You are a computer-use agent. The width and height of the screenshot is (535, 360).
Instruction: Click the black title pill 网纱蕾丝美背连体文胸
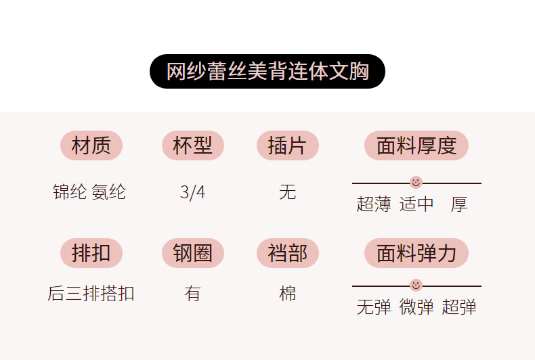(267, 71)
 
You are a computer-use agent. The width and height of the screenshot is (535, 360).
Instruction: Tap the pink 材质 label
(91, 145)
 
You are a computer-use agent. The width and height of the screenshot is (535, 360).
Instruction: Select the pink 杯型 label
(193, 145)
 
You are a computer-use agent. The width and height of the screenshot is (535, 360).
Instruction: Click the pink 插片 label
(288, 145)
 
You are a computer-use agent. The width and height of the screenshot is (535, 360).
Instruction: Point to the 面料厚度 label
(416, 145)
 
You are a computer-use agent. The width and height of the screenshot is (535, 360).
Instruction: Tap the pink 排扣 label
(91, 253)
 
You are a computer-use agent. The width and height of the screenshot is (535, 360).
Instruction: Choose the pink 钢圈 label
(193, 253)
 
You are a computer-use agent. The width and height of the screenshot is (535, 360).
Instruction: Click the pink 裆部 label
(288, 253)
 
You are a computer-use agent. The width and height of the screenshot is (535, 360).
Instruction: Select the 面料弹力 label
(416, 253)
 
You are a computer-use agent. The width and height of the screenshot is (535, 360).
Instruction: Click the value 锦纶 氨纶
(89, 192)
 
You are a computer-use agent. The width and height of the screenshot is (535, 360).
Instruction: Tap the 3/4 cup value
(193, 192)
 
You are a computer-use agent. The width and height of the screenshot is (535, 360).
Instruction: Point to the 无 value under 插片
(288, 192)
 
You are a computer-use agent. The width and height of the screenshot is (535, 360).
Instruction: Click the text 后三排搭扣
(91, 294)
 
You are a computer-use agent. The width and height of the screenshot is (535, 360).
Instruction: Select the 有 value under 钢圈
(193, 294)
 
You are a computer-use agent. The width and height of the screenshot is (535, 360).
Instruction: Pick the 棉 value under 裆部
(288, 294)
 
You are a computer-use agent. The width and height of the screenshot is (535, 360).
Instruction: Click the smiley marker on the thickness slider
(416, 182)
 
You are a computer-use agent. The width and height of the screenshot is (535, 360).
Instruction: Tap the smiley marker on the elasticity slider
(416, 285)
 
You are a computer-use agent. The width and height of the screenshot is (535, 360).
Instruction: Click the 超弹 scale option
(459, 307)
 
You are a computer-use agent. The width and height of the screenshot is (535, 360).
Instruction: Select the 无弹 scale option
(374, 307)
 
